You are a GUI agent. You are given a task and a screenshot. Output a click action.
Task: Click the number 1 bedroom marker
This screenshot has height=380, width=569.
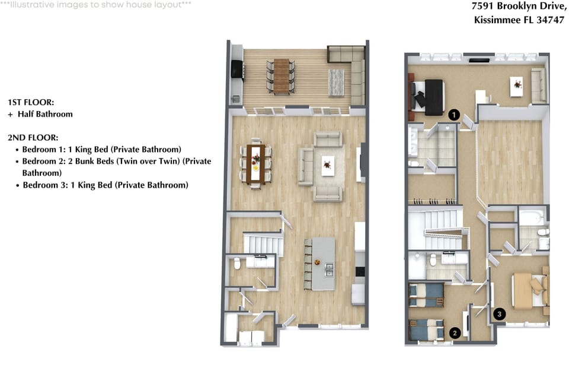pyautogui.click(x=454, y=115)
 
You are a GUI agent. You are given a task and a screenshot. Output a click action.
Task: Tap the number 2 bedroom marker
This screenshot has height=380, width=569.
pyautogui.click(x=455, y=332)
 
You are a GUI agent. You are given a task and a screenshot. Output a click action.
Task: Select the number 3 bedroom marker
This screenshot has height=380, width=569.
pyautogui.click(x=499, y=314)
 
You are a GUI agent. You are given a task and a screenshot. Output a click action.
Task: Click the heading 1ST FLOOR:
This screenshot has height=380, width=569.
pyautogui.click(x=31, y=102)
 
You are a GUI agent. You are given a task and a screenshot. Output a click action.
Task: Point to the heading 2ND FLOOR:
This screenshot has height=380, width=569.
pyautogui.click(x=33, y=138)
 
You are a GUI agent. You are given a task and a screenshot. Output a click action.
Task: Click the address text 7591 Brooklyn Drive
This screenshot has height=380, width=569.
pyautogui.click(x=519, y=6)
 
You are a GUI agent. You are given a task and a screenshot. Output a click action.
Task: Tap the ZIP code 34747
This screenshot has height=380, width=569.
pyautogui.click(x=551, y=20)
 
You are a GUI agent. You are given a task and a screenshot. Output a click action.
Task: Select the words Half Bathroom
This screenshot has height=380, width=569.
pyautogui.click(x=46, y=114)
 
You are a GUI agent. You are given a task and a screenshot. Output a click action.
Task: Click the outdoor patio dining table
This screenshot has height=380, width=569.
pyautogui.click(x=281, y=77)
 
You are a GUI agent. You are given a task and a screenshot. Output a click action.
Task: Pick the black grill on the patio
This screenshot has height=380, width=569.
pyautogui.click(x=237, y=69)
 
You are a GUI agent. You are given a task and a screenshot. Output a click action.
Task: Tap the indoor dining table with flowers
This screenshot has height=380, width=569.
pyautogui.click(x=255, y=163)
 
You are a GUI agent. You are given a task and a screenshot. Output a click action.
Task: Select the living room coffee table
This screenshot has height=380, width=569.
pyautogui.click(x=328, y=166)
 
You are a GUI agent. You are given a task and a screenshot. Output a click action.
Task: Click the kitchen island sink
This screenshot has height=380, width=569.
pyautogui.click(x=329, y=270)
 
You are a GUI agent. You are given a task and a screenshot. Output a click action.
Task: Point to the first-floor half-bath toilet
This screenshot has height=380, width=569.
pyautogui.click(x=237, y=263)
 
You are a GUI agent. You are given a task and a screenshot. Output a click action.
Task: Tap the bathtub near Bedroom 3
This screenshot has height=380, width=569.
pyautogui.click(x=531, y=217)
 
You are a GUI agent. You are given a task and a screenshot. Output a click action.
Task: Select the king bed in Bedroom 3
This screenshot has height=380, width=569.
pyautogui.click(x=529, y=291)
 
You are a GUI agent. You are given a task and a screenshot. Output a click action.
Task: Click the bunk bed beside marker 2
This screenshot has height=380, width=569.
pyautogui.click(x=426, y=329)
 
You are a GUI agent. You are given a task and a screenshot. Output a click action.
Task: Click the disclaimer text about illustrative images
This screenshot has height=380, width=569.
pyautogui.click(x=95, y=5)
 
